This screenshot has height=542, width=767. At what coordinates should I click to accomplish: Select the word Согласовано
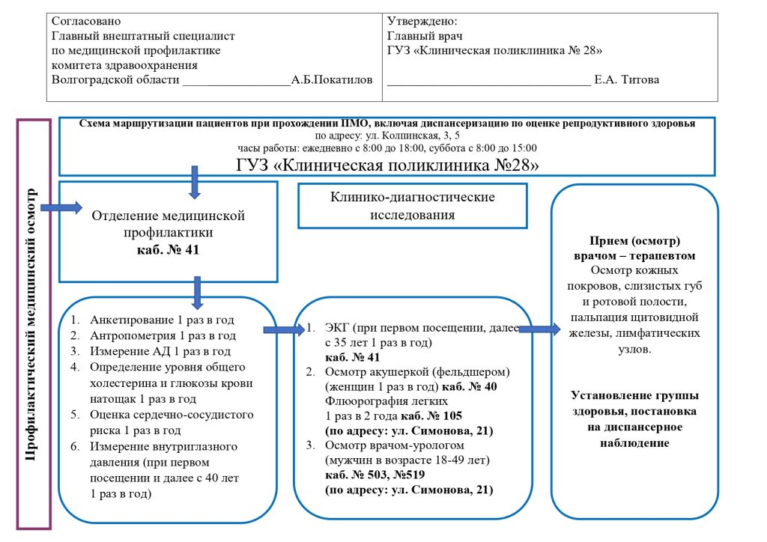point(86,22)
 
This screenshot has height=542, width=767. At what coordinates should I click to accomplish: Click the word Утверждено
point(422,22)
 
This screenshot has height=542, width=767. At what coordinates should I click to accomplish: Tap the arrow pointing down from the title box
point(195,182)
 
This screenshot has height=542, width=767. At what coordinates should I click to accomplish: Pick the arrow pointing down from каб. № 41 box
point(198,293)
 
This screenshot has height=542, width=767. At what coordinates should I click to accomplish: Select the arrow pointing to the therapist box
point(538,329)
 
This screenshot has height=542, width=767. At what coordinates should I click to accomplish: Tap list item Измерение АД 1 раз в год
point(160,351)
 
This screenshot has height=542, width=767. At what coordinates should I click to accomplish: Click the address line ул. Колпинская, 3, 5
point(387,135)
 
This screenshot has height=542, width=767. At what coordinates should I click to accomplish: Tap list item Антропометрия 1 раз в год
point(163,335)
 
